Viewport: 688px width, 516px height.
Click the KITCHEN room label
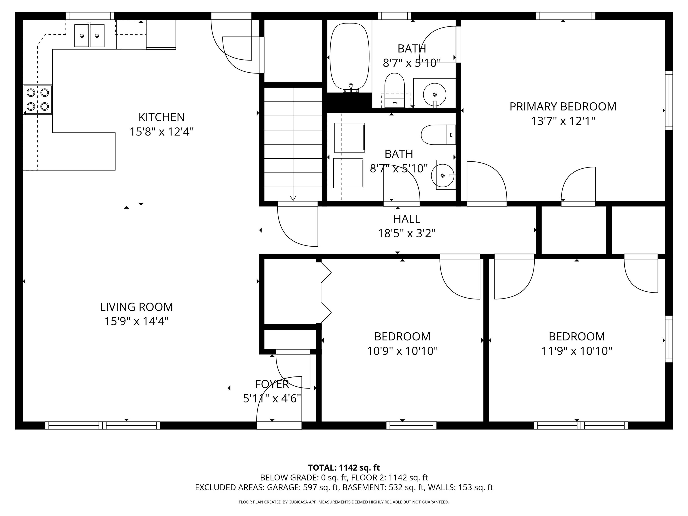pyautogui.click(x=161, y=117)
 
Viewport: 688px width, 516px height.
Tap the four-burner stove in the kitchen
pyautogui.click(x=38, y=99)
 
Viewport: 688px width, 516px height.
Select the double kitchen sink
pyautogui.click(x=89, y=36)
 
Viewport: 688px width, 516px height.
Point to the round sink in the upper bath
pyautogui.click(x=434, y=94)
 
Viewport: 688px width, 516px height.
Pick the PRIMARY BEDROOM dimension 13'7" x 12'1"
pyautogui.click(x=563, y=121)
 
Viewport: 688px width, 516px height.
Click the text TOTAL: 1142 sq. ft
pyautogui.click(x=344, y=467)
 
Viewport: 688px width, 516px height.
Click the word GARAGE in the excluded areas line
pyautogui.click(x=284, y=487)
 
